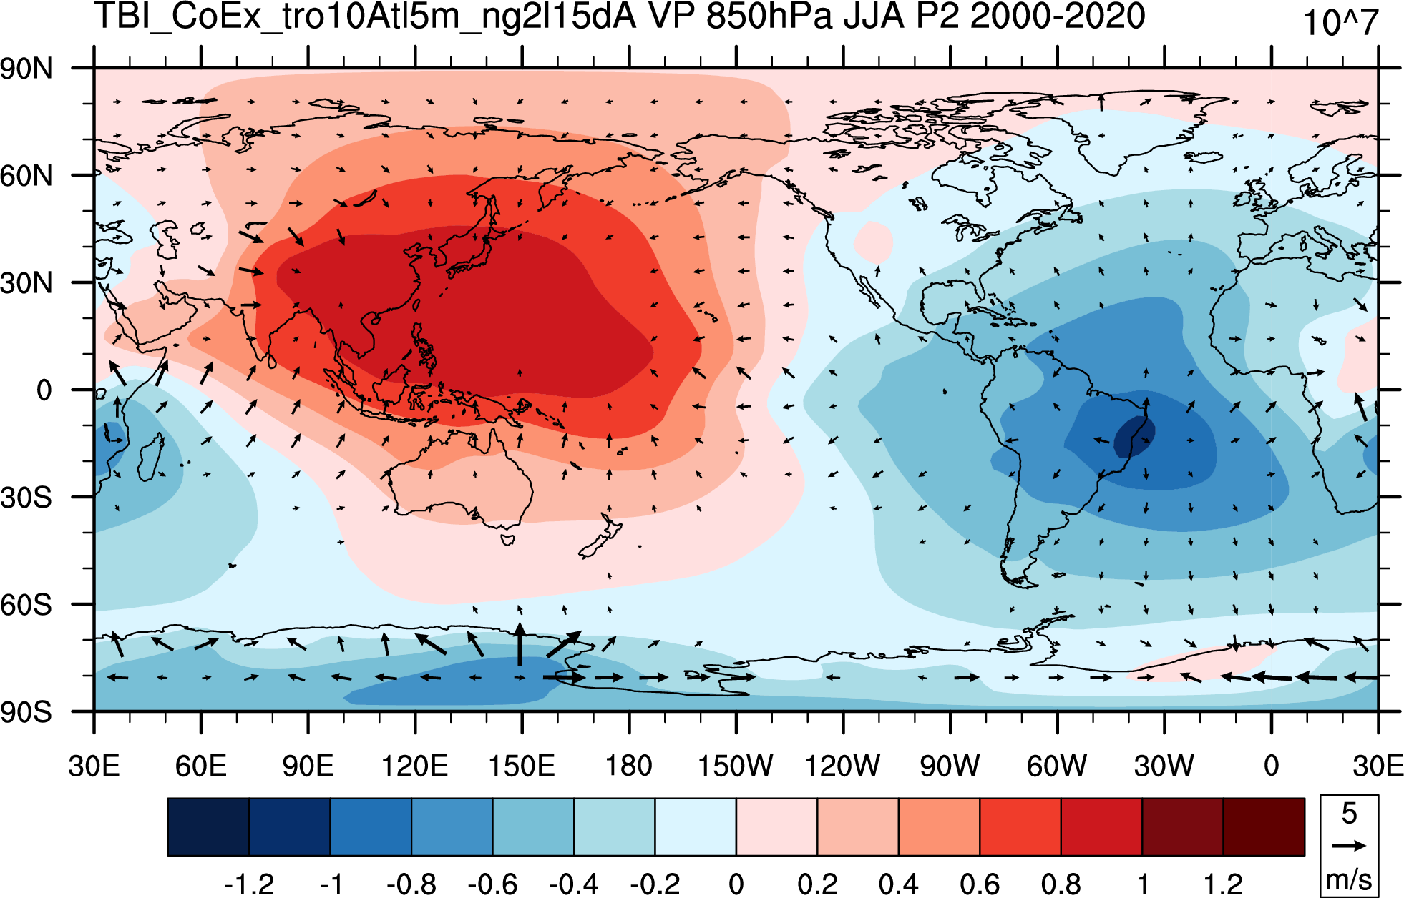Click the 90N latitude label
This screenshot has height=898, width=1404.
(26, 69)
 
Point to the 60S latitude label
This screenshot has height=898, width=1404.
(26, 605)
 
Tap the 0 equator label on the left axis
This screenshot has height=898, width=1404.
(44, 390)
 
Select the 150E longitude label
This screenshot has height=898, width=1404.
(522, 766)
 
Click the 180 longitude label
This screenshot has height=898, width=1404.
(629, 766)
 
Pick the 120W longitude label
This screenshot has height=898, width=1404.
(842, 766)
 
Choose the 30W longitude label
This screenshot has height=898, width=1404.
(1164, 766)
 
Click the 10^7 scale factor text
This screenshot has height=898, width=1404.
(1340, 23)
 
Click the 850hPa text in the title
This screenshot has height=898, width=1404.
(769, 16)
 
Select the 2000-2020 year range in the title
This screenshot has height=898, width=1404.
(1058, 16)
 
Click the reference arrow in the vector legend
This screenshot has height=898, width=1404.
(1349, 846)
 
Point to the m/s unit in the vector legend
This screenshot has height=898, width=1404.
(1349, 879)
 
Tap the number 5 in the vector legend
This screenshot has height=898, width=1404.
(1349, 814)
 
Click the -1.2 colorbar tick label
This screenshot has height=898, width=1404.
(249, 884)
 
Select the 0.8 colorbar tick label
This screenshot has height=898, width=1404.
(1061, 884)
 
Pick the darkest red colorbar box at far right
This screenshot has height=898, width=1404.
(1264, 827)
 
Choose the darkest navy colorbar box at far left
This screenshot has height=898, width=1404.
(208, 827)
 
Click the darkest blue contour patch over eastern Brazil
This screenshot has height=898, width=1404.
(1134, 436)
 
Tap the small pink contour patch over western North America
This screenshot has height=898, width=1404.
(873, 241)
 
